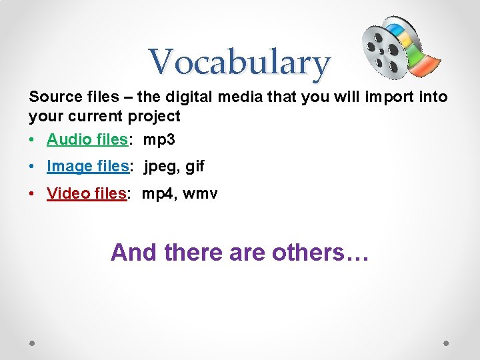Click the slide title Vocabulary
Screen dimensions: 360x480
pyautogui.click(x=239, y=63)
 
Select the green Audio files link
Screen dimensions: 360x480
pyautogui.click(x=87, y=139)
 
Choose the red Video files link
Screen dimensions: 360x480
pyautogui.click(x=86, y=193)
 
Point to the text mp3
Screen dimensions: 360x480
pyautogui.click(x=159, y=139)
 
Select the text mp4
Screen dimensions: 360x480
pyautogui.click(x=157, y=193)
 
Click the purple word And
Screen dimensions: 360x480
pyautogui.click(x=133, y=253)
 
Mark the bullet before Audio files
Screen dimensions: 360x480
pyautogui.click(x=33, y=140)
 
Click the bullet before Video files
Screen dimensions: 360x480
pyautogui.click(x=33, y=194)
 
